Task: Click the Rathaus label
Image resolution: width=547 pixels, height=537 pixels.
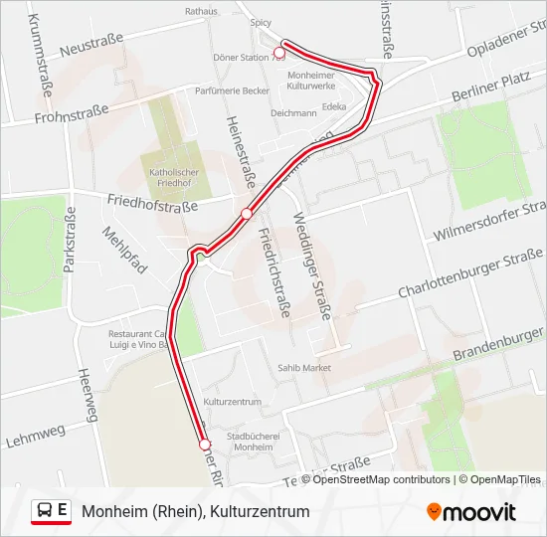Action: pos(201,12)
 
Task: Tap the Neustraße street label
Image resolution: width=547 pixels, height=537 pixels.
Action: pos(91,48)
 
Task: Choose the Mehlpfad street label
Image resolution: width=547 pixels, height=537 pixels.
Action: pos(124,250)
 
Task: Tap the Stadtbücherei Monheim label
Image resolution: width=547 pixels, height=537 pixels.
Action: pos(250,442)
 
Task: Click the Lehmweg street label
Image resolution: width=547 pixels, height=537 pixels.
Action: pos(35,435)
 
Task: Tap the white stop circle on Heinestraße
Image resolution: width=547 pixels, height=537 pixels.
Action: pos(246,213)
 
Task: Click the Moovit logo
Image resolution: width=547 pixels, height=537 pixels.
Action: pos(471,512)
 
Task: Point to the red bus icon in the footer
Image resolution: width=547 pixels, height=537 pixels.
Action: pos(45,511)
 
